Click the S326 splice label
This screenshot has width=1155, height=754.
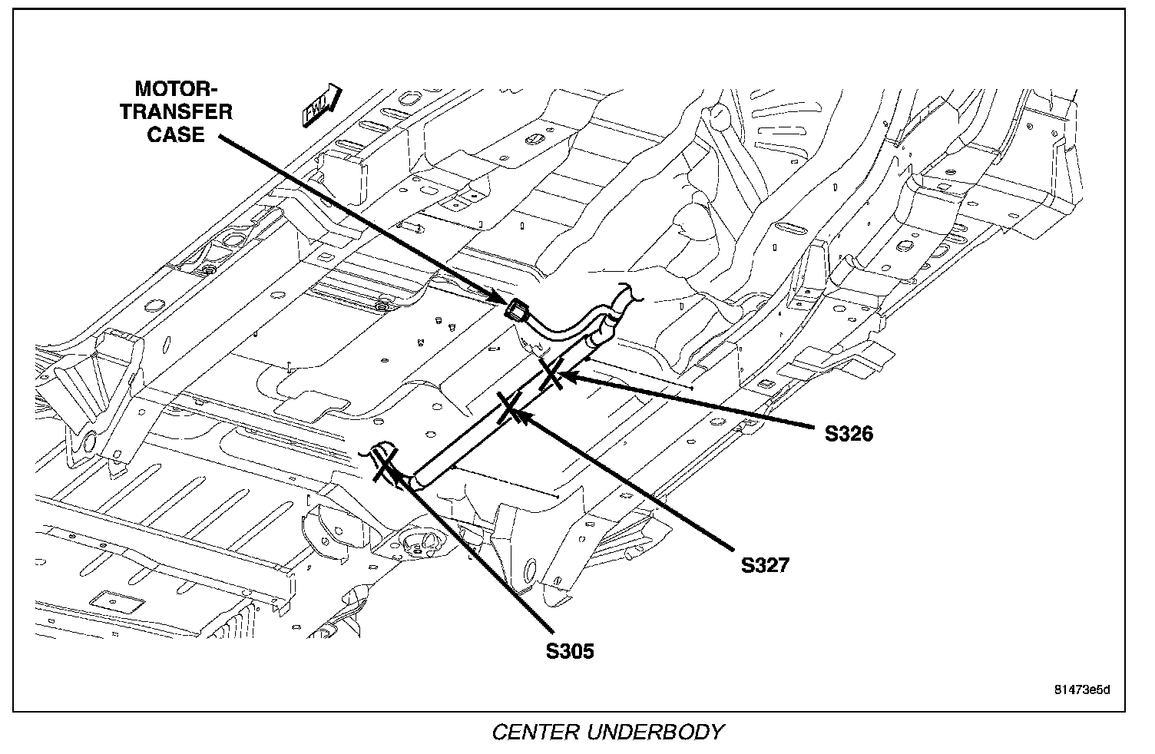click(849, 434)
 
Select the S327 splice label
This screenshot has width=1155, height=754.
click(765, 565)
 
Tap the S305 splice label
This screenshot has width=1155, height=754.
click(570, 651)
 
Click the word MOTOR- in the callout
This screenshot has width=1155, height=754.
click(176, 88)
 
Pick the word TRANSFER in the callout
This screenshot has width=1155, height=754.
click(177, 112)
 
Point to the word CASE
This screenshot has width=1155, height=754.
click(176, 134)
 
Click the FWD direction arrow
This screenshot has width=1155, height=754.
click(321, 105)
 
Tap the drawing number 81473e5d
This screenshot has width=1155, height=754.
click(1082, 690)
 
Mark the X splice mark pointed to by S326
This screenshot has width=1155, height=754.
click(550, 374)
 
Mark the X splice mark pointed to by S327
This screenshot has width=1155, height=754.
click(510, 407)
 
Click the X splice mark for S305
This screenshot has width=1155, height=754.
click(384, 465)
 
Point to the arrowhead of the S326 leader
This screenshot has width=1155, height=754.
click(566, 377)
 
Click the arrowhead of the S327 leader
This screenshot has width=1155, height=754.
click(520, 415)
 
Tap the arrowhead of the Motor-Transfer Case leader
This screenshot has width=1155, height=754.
click(498, 297)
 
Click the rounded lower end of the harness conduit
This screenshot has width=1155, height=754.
click(418, 481)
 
